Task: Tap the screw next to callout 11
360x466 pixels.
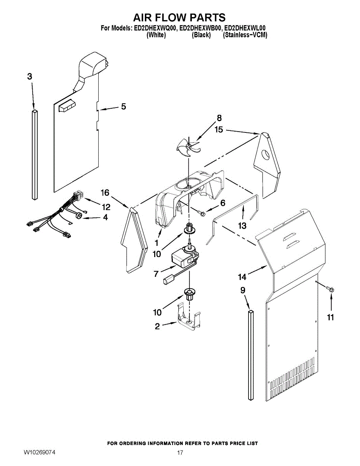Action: (x=331, y=289)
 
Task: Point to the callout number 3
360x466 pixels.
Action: (x=30, y=77)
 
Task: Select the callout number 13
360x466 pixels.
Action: (x=242, y=226)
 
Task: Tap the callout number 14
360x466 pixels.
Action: (x=242, y=277)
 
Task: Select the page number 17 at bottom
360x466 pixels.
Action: (x=180, y=453)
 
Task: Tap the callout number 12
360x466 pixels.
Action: (x=106, y=207)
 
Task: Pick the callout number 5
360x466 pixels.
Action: (x=123, y=106)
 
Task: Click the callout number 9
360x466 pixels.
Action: (x=242, y=290)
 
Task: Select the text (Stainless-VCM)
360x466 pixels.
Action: (x=245, y=35)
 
